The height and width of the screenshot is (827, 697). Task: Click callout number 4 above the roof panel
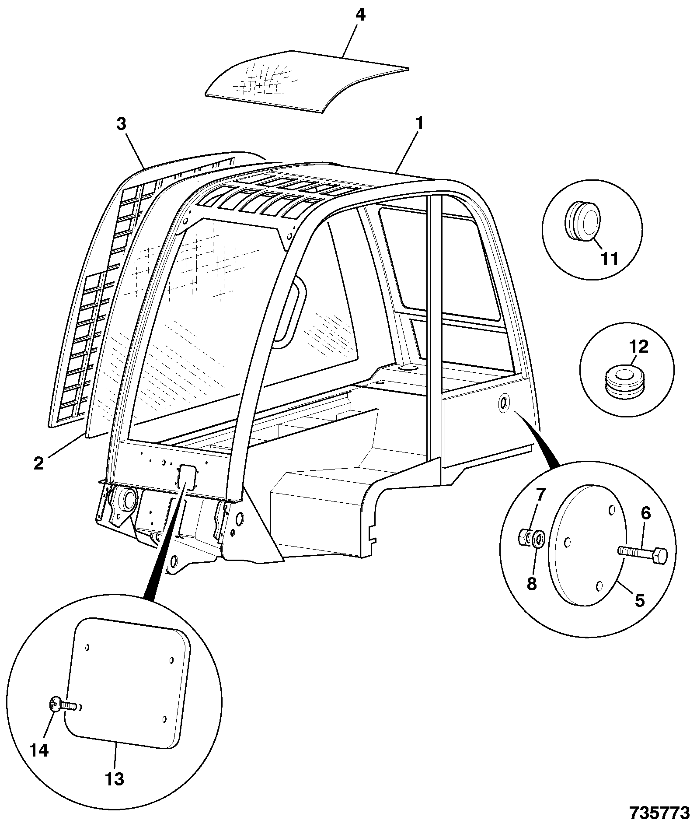[360, 15]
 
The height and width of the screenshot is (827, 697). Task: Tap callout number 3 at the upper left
[121, 124]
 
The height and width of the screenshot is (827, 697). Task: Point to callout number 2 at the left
[39, 463]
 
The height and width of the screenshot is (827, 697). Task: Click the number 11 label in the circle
[609, 259]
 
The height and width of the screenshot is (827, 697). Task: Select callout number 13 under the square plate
[115, 779]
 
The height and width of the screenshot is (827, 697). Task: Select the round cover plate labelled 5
[589, 546]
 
